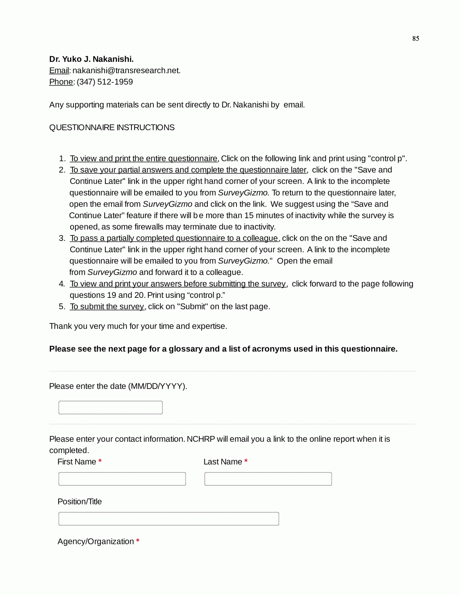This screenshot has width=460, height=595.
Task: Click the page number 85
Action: pos(416,38)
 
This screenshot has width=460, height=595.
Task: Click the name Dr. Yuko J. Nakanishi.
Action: pos(91,59)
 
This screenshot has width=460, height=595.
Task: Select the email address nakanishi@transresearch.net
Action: pos(126,71)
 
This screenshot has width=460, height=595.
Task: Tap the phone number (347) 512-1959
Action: pos(105,82)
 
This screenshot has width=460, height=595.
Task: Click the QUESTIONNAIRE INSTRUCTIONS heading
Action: pos(112,128)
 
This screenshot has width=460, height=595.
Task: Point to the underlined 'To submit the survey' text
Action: pos(107,307)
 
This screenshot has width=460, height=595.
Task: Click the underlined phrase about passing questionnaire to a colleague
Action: pos(174,238)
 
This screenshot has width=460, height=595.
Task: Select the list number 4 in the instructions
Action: pos(62,284)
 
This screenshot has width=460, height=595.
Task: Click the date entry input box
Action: pos(110,408)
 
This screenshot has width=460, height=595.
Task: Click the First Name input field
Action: pos(122,479)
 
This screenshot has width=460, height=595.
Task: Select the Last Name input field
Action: pos(268,479)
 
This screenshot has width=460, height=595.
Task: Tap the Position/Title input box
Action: pos(169,519)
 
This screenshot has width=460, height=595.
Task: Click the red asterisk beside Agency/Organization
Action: pos(138,541)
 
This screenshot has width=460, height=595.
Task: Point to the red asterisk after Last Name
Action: pos(246,461)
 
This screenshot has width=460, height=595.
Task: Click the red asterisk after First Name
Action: pos(100,461)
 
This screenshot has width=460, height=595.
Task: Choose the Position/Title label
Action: pos(80,502)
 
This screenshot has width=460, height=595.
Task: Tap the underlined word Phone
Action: pos(61,82)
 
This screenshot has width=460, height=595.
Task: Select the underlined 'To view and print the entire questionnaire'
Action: pos(144,159)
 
